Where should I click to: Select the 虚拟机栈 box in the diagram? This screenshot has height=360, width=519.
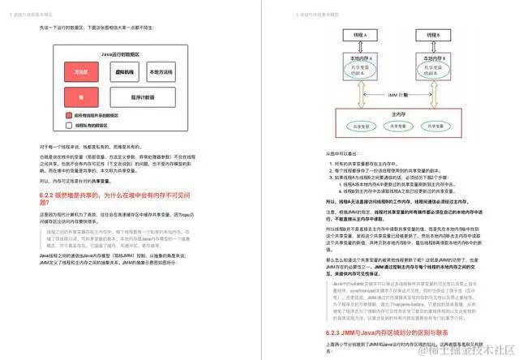click(126, 72)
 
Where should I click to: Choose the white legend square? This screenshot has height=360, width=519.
click(69, 126)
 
